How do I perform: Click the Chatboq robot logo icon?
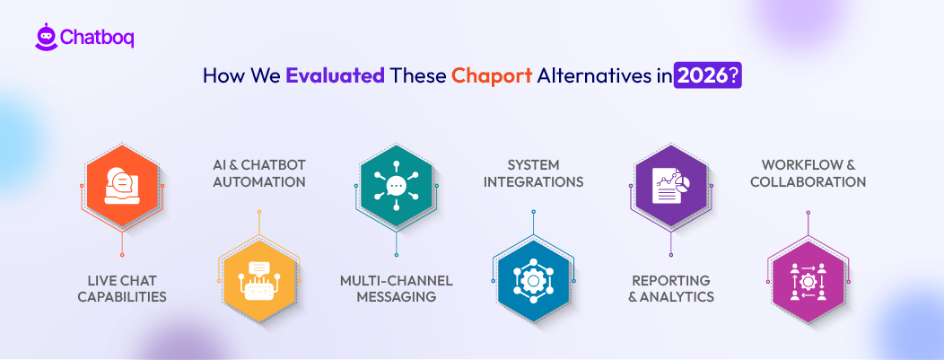pos(46,37)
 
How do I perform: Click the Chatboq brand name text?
pos(97,38)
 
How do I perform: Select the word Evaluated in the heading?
pos(335,76)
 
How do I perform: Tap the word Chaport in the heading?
pos(492,76)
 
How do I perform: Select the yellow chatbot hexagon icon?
pos(258,281)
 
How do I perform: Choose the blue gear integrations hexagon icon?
pos(533,281)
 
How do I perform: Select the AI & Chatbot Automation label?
pos(258,173)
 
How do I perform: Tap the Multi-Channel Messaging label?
pos(396,288)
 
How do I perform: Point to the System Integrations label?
pos(533,173)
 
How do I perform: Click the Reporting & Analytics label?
pos(670,288)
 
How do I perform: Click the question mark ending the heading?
pos(735,76)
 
